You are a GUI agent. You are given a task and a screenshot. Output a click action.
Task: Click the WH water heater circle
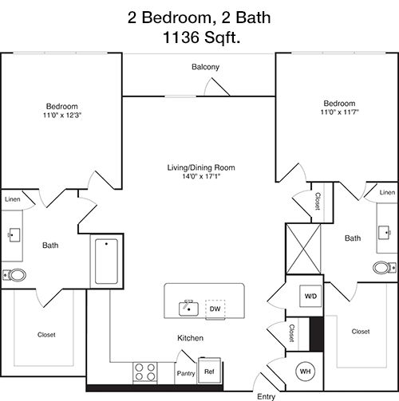tap(306, 372)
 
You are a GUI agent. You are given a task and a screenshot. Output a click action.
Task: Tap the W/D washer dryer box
tap(310, 296)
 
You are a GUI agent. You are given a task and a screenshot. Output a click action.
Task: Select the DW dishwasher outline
tap(215, 309)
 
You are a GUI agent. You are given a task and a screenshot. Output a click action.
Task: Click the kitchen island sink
tap(188, 309)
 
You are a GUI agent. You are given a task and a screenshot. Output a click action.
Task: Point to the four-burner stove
tap(145, 372)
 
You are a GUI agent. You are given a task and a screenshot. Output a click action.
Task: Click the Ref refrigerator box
tap(209, 370)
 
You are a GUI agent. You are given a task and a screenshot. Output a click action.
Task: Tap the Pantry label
tap(186, 373)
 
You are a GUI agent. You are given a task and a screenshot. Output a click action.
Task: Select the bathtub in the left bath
tap(106, 261)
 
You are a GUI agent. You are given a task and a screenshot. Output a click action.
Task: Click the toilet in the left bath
tap(14, 275)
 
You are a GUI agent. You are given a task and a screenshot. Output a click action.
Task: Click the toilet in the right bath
tap(385, 268)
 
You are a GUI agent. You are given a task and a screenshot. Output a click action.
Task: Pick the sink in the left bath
tap(14, 235)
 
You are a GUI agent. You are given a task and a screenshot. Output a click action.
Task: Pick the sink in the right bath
tap(385, 233)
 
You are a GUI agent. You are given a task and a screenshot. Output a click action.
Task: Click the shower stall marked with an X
tap(303, 249)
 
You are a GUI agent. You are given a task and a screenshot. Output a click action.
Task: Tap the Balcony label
tap(206, 67)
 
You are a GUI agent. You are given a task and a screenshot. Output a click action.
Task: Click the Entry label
tap(266, 396)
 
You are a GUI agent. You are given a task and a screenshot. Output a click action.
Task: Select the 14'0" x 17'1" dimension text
tap(201, 176)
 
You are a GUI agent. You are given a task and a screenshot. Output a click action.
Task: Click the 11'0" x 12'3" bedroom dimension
tap(62, 115)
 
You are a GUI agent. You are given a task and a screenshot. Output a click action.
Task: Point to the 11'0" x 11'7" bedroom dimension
tap(339, 112)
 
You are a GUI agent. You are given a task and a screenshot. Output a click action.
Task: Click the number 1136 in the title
tap(181, 37)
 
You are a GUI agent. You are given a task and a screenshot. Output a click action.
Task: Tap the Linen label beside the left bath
tap(13, 199)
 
